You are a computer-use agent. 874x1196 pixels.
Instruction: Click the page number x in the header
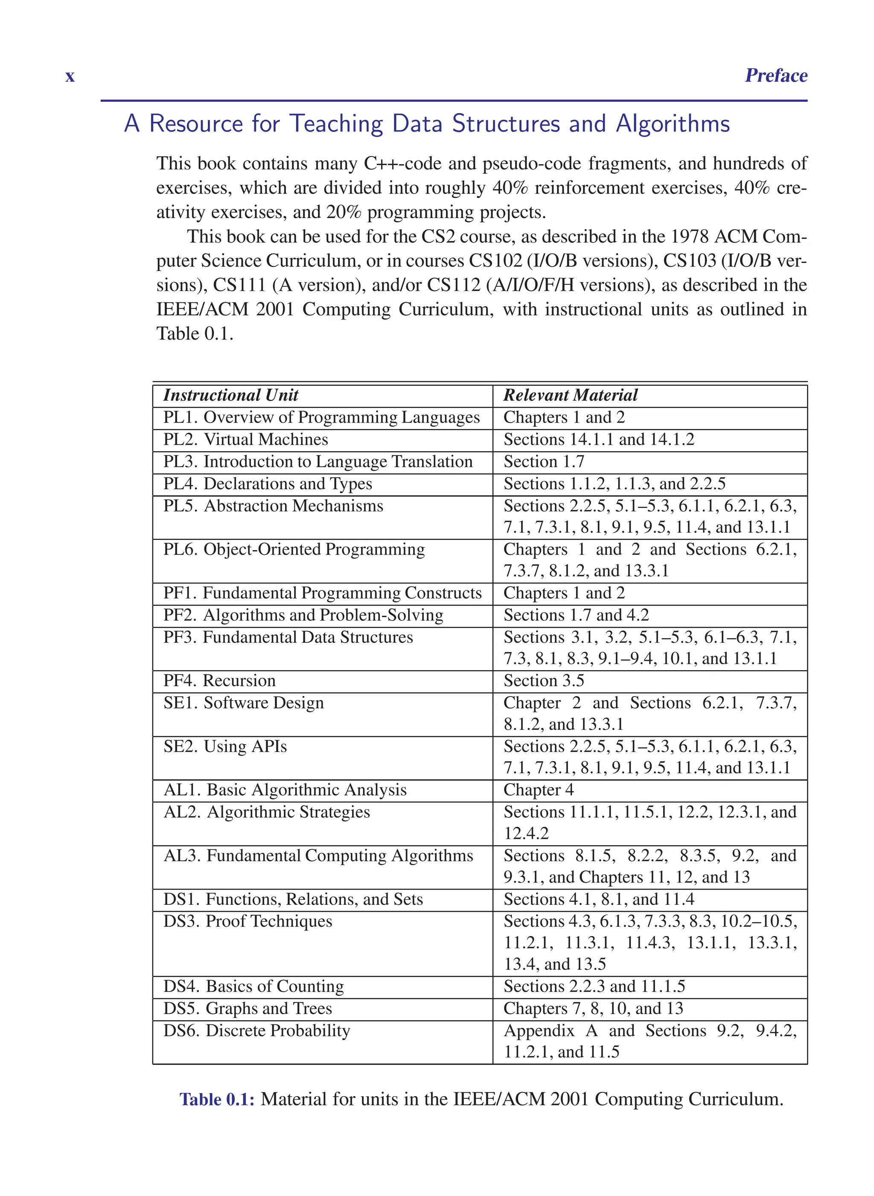70,77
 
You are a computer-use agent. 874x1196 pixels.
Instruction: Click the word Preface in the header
775,76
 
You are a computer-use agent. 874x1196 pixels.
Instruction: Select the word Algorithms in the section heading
673,124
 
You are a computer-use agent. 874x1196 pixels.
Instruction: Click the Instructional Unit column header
231,395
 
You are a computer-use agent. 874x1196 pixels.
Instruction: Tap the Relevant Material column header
570,395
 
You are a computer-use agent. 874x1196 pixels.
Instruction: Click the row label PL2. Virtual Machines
245,440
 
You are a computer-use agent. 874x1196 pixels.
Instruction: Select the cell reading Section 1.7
544,462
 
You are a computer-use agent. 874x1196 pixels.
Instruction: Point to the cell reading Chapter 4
538,791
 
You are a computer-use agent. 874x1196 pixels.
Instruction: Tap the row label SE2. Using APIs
225,747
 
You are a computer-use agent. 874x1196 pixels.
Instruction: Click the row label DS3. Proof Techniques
248,922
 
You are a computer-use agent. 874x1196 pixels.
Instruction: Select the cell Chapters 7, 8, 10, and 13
593,1009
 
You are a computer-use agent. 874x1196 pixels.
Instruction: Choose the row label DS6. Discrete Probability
256,1031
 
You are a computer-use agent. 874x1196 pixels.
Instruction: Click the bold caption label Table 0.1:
217,1100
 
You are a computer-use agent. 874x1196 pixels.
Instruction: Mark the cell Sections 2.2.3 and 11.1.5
594,986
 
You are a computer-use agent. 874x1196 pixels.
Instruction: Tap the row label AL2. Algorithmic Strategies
267,812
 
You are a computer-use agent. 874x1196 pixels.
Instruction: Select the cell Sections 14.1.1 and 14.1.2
598,440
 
